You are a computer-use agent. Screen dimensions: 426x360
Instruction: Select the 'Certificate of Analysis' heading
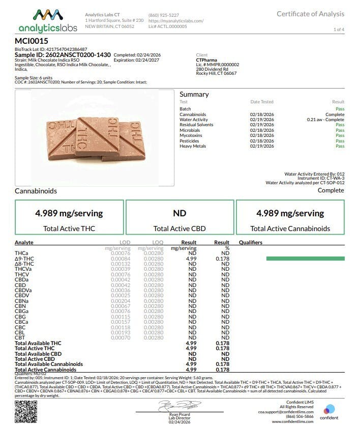(x=310, y=14)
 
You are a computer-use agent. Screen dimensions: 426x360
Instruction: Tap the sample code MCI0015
(x=32, y=40)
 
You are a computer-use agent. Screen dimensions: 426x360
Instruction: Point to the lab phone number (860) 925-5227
(x=163, y=15)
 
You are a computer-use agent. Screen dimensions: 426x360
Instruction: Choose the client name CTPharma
(x=206, y=60)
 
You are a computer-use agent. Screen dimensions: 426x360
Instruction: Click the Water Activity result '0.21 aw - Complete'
(x=325, y=120)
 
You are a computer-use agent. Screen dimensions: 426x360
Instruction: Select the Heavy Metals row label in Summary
(x=194, y=146)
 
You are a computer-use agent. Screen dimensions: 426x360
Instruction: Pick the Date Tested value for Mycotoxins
(x=261, y=135)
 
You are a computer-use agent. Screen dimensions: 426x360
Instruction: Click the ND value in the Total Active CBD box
(x=179, y=213)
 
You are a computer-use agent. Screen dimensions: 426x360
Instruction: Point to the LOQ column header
(x=158, y=243)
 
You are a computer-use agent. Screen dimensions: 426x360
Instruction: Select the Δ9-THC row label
(x=24, y=259)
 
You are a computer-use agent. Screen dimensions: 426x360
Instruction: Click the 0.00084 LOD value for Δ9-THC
(x=121, y=259)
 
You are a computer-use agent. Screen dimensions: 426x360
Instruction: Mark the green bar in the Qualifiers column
(x=305, y=259)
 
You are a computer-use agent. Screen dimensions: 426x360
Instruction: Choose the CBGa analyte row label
(x=22, y=311)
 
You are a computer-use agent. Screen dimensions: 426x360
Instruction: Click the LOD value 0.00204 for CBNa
(x=121, y=301)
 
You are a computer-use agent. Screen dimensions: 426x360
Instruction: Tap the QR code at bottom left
(x=25, y=411)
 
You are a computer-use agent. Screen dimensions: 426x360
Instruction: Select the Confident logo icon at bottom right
(x=329, y=409)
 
